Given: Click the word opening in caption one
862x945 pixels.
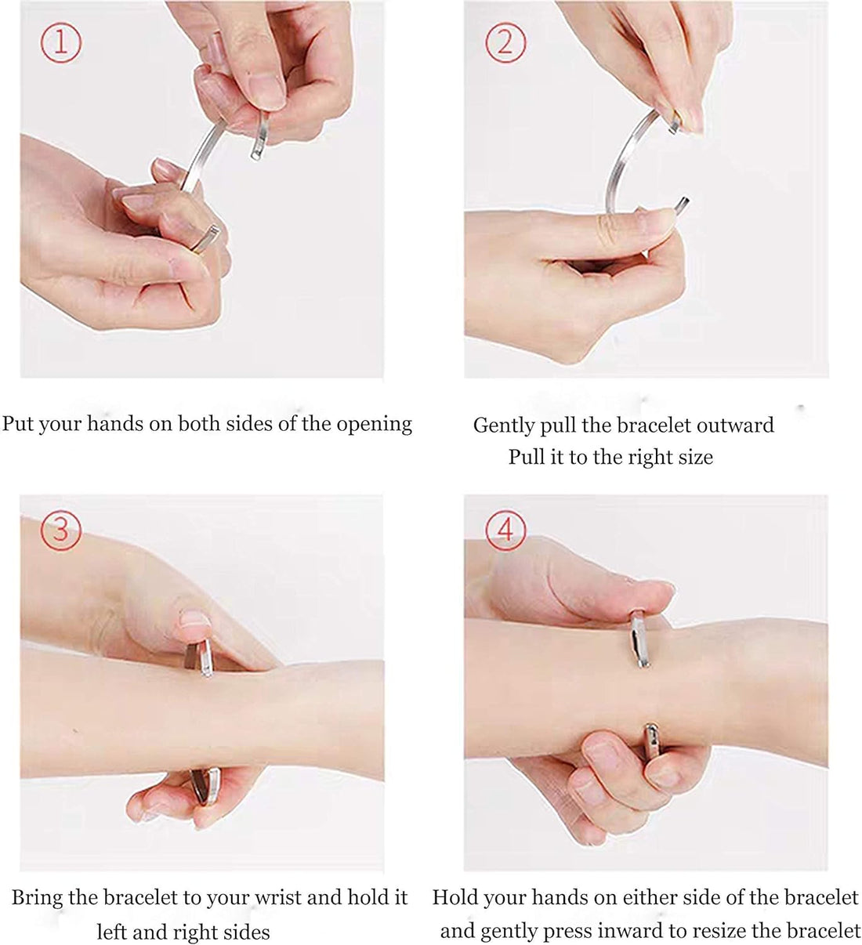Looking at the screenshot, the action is point(374,425).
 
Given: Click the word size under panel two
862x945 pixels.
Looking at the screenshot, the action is point(694,457).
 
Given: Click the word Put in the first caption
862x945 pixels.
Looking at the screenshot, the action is point(18,424).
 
